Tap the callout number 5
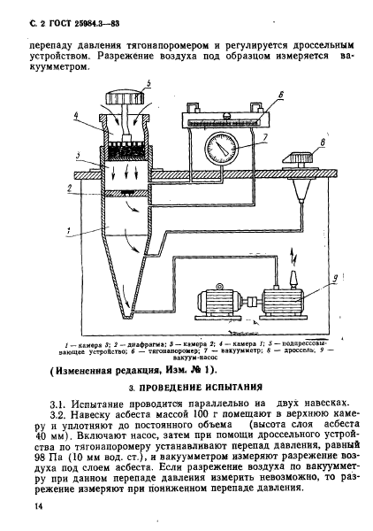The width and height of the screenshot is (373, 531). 148,84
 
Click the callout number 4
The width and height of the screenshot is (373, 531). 79,115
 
